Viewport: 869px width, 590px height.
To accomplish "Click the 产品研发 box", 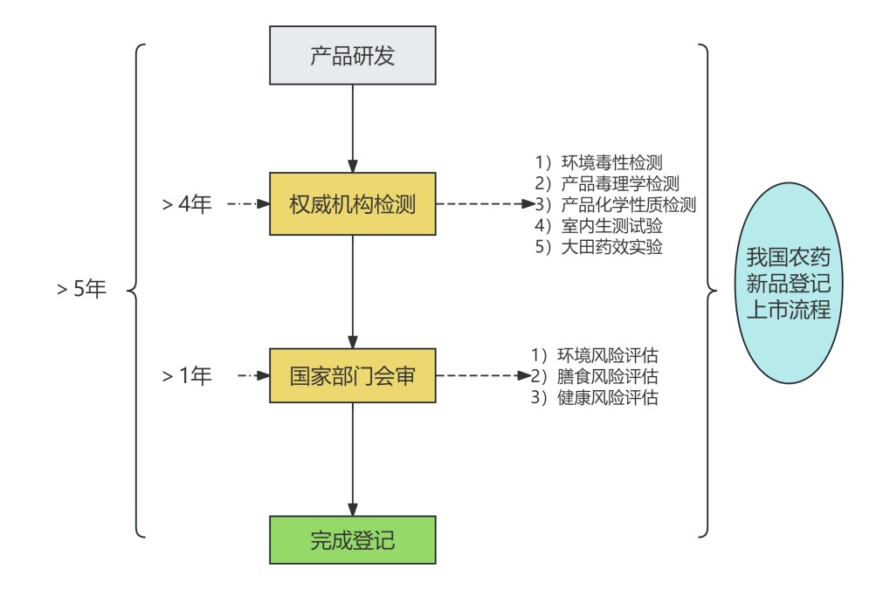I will pyautogui.click(x=352, y=56).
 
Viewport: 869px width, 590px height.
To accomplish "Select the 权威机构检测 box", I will pyautogui.click(x=352, y=205).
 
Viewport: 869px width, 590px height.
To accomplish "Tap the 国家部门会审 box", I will pyautogui.click(x=352, y=376).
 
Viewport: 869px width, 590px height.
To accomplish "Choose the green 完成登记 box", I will pyautogui.click(x=352, y=540).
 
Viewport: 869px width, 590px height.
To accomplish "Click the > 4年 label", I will pyautogui.click(x=187, y=205).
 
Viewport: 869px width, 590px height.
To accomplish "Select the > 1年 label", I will pyautogui.click(x=187, y=376).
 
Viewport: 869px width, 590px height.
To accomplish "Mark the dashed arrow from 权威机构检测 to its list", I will pyautogui.click(x=485, y=205).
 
